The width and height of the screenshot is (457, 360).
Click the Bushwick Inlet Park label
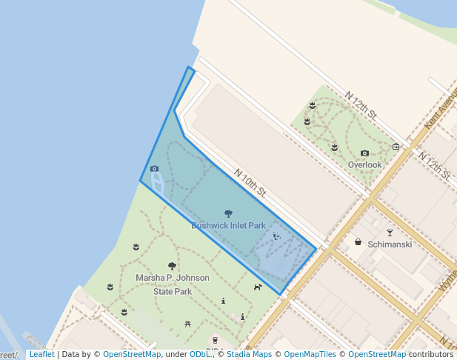pos(228,225)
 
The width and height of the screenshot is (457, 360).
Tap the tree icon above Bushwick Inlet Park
pos(228,214)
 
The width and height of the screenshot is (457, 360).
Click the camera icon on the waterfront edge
pos(154,169)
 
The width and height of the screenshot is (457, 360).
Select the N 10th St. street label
pos(250,183)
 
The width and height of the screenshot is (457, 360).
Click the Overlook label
pos(364,164)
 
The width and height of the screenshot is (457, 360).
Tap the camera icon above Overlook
pos(364,153)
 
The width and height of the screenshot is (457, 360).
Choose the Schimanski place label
pos(390,244)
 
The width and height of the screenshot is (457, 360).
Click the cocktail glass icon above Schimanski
pos(390,233)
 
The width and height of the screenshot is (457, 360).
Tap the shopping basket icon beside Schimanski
pos(358,242)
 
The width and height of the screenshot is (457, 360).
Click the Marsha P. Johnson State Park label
pos(172,284)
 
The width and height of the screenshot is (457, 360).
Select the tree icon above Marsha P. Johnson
pos(172,266)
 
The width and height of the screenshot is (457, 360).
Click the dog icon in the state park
pos(258,287)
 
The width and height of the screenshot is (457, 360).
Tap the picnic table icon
pos(188,324)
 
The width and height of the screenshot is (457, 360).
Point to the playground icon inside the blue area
pos(276,236)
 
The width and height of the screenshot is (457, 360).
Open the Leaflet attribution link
pos(41,354)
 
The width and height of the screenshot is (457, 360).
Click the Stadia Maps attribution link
pos(247,354)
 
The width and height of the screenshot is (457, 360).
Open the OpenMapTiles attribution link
pos(310,354)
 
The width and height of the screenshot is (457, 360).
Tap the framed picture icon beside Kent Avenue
pos(396,147)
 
